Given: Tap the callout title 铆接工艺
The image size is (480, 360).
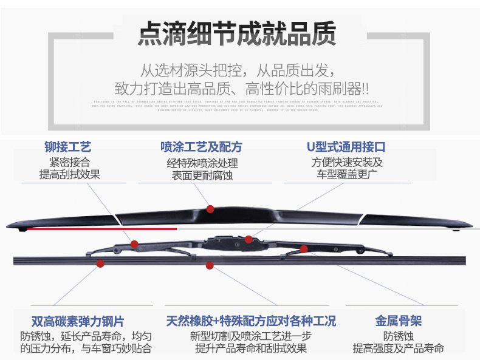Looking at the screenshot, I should click(68, 147).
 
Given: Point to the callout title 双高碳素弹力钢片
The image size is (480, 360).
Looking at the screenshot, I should click(77, 322).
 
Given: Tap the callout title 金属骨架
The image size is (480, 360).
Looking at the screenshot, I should click(399, 322).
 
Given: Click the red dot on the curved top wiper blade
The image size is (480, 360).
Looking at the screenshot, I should click(210, 209).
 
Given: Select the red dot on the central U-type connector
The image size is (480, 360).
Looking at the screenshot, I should click(249, 239).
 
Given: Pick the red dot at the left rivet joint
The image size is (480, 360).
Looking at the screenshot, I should click(134, 244).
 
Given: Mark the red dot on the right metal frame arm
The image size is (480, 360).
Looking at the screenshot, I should click(304, 248).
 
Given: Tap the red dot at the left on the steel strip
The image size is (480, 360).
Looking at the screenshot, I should click(100, 263).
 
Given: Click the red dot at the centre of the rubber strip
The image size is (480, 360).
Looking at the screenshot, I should click(210, 265).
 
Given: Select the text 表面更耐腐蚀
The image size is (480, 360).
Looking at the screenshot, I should click(202, 176).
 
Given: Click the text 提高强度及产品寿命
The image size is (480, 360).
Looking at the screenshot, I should click(399, 348).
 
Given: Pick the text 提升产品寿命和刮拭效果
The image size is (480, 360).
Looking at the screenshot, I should click(251, 348).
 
